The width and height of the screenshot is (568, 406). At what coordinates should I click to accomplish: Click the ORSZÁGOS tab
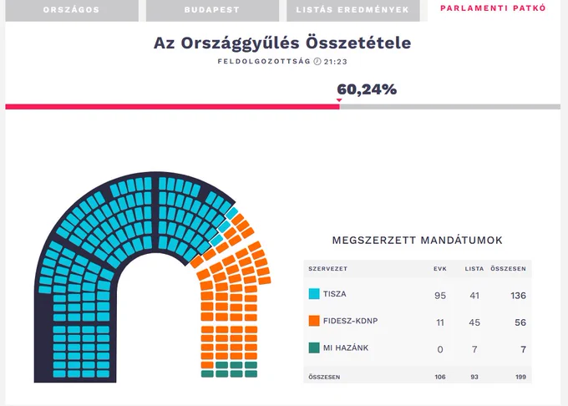coord(72,10)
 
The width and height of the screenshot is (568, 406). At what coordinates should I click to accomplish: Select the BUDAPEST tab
coord(212,10)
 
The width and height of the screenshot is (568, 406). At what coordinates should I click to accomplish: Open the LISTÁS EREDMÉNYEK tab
coord(352,10)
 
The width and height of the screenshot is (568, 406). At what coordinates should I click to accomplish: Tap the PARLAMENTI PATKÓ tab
coord(493,8)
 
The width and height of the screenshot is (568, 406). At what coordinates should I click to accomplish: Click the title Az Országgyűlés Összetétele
coord(282,43)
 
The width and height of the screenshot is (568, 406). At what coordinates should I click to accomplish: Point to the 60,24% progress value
coord(367,89)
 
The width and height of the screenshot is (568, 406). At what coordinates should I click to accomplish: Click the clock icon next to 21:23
coord(317,61)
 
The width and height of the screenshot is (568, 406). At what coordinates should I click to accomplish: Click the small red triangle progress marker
coord(339,100)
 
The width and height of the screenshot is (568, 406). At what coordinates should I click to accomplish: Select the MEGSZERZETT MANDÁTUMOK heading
coord(418,240)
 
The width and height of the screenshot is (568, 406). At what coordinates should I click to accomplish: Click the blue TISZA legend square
coord(314,294)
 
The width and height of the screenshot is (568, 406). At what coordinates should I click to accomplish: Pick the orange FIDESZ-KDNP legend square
coord(314,321)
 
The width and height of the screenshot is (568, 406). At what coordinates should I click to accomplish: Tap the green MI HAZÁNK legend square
coord(314,348)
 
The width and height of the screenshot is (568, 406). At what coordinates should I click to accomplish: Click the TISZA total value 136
coord(518,296)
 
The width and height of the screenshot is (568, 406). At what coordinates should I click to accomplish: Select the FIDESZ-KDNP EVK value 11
coord(440,322)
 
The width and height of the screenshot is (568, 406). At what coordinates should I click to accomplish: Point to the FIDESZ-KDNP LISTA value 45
coord(474,322)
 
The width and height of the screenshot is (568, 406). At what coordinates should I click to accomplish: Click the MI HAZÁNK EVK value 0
coord(440,349)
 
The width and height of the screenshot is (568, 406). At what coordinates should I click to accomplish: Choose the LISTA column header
coord(474,269)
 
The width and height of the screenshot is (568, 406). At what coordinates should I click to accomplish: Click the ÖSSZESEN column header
coord(508,269)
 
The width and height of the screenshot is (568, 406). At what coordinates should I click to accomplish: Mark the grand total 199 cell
coord(520,377)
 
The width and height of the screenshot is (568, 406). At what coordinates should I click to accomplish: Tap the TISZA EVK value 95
coord(440,296)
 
